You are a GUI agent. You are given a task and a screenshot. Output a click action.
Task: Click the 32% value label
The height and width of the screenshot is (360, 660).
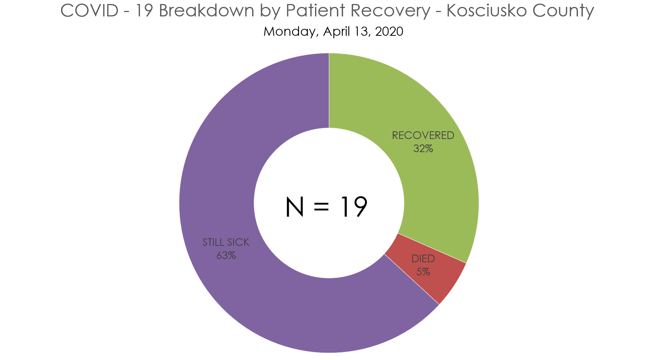tap(423, 149)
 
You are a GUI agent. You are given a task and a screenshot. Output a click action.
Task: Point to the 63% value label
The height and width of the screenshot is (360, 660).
tap(226, 256)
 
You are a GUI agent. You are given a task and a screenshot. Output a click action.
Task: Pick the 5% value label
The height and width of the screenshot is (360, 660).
tap(423, 272)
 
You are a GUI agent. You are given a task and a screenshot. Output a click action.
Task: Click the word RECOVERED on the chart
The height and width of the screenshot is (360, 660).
tap(423, 135)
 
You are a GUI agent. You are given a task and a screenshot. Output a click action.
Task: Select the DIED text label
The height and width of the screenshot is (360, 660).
tap(423, 259)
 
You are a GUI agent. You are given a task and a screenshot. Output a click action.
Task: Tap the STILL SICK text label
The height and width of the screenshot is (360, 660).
tap(226, 242)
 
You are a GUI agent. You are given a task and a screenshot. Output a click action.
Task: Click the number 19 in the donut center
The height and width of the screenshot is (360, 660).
tap(353, 207)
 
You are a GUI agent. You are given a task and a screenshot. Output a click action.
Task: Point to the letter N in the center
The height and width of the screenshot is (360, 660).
tap(295, 207)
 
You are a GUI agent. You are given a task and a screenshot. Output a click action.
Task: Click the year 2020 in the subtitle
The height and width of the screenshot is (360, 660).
tap(389, 31)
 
